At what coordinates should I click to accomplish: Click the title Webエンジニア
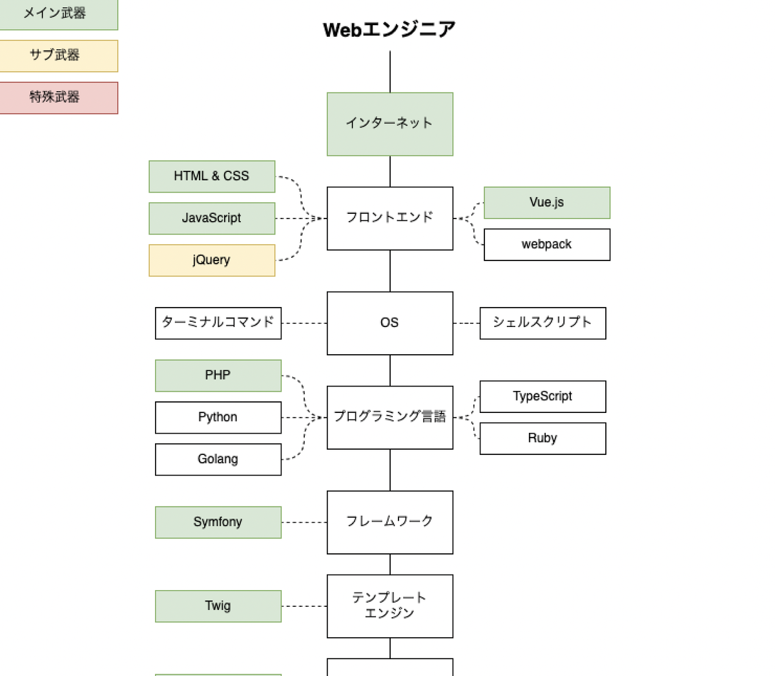(389, 30)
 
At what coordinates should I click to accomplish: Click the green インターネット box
(389, 123)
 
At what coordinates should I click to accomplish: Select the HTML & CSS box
(212, 176)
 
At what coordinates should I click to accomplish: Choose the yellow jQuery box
(212, 260)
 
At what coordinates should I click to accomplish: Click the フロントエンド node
(389, 218)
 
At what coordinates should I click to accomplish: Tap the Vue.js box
(546, 202)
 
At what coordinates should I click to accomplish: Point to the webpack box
(546, 244)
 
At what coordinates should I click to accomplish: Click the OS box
(389, 322)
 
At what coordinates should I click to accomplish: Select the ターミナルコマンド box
(218, 322)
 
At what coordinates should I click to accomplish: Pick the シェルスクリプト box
(542, 322)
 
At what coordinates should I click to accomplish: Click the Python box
(218, 417)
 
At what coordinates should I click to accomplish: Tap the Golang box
(218, 459)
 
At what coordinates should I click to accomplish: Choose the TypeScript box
(542, 396)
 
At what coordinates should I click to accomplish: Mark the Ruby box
(542, 438)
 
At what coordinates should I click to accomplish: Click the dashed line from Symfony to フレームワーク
(304, 522)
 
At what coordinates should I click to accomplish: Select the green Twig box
(218, 606)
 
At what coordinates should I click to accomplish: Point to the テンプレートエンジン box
(389, 606)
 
